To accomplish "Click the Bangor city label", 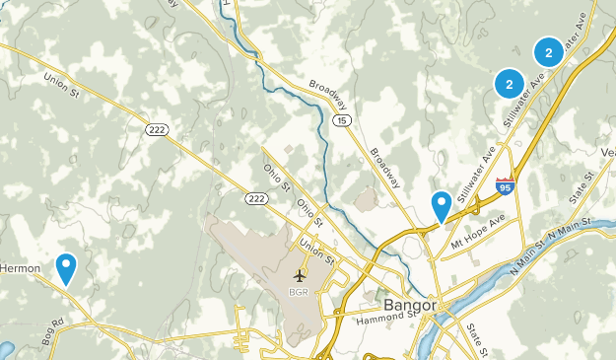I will click(409, 304).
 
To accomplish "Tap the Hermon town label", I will click(20, 267).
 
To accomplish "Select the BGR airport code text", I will click(299, 292).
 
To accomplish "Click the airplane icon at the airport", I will click(299, 274).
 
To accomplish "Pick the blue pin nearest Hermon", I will click(66, 266).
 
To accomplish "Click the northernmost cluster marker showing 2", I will click(548, 52).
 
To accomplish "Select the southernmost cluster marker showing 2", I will click(509, 85).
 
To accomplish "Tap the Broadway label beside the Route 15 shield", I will click(328, 95).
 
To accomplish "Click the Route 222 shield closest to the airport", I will click(256, 199).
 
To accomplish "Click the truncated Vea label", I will click(607, 153).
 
